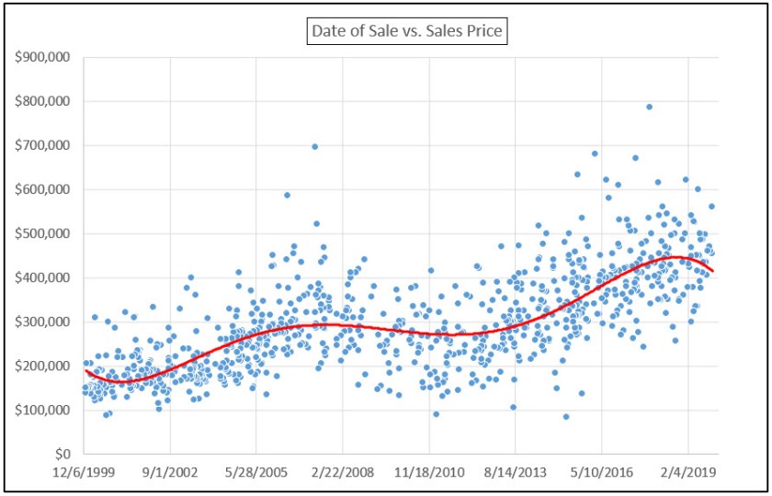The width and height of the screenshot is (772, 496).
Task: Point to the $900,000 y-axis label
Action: [45, 57]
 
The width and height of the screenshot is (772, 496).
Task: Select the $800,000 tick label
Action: [45, 101]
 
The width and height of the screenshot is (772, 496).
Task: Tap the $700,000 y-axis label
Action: [45, 145]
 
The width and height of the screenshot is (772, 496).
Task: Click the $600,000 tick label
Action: [45, 189]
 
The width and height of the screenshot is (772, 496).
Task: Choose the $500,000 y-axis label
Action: [45, 233]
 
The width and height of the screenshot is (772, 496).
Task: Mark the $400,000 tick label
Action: [45, 277]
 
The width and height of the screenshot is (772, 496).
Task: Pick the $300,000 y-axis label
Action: [45, 321]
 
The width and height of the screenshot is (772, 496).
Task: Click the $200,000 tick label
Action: [45, 366]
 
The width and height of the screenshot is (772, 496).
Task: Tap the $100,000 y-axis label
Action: [45, 410]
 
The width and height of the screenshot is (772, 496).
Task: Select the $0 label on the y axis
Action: [63, 454]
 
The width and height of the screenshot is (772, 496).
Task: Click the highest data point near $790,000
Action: [649, 107]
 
